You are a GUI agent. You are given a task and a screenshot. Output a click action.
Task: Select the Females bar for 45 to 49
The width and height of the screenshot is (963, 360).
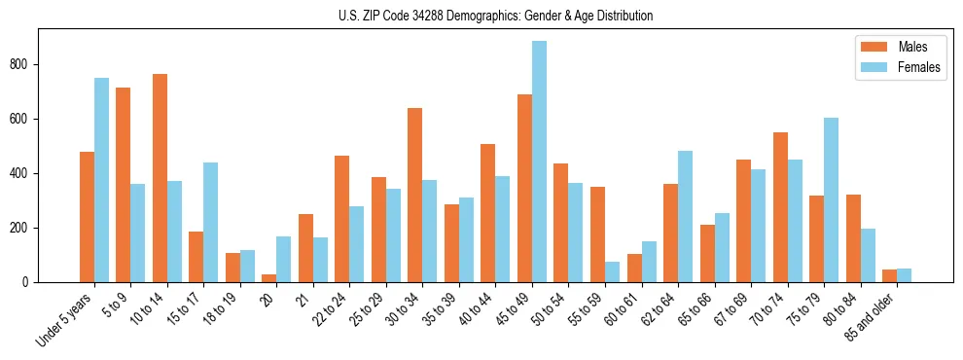tap(539, 162)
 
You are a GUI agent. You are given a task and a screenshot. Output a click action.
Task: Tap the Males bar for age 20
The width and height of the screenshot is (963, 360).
tap(269, 278)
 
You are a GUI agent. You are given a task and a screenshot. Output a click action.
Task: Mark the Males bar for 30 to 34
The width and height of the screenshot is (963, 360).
tap(415, 195)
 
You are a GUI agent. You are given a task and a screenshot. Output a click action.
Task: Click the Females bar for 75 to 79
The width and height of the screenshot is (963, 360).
tap(831, 200)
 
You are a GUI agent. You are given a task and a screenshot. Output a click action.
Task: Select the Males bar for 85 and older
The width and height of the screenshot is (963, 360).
tap(889, 276)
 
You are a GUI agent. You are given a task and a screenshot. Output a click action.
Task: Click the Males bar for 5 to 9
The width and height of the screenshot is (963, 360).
tap(124, 185)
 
